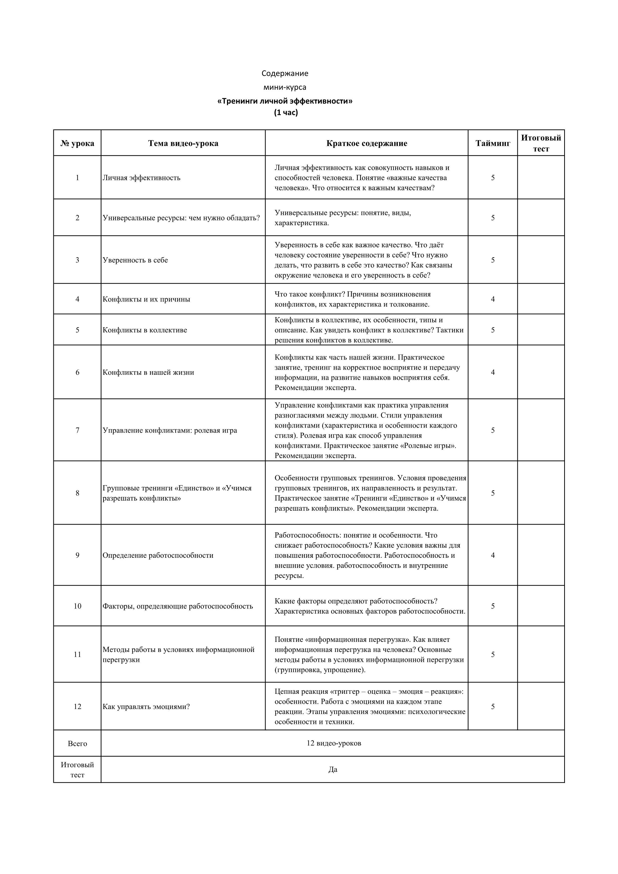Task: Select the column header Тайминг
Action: pyautogui.click(x=493, y=144)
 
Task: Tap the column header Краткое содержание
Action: pyautogui.click(x=367, y=144)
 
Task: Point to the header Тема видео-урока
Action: pyautogui.click(x=183, y=144)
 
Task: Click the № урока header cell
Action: pyautogui.click(x=77, y=144)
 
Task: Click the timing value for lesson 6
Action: pyautogui.click(x=493, y=372)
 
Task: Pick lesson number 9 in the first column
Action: pyautogui.click(x=77, y=556)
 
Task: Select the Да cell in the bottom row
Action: pyautogui.click(x=333, y=769)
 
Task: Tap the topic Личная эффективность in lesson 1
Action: pyautogui.click(x=141, y=178)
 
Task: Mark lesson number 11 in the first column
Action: pyautogui.click(x=77, y=654)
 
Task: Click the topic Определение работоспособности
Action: pyautogui.click(x=158, y=556)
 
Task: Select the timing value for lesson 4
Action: pyautogui.click(x=493, y=299)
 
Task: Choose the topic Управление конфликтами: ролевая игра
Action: pyautogui.click(x=170, y=431)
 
